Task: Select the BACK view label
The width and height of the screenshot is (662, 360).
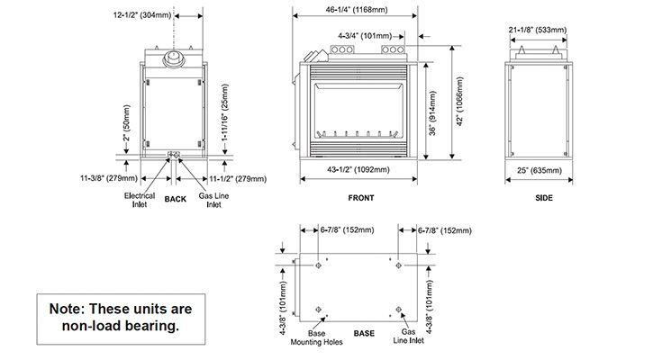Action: click(x=176, y=200)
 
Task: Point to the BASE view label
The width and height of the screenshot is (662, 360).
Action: click(x=364, y=333)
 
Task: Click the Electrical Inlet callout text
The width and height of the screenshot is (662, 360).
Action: click(x=140, y=200)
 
